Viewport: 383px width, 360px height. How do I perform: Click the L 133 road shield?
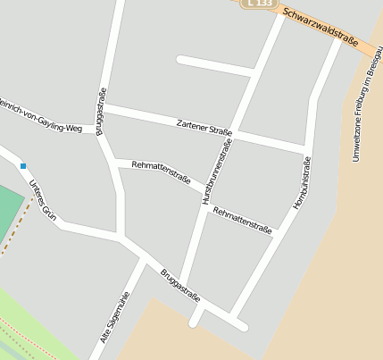[x=258, y=4]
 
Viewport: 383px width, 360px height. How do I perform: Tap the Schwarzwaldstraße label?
[x=320, y=26]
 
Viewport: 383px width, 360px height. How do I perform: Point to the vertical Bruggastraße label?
[x=102, y=111]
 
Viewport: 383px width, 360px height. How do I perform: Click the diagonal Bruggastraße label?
[x=180, y=286]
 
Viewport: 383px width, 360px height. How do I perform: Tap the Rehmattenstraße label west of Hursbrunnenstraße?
[x=161, y=171]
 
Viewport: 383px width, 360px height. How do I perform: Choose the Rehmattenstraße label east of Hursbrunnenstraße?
[x=243, y=220]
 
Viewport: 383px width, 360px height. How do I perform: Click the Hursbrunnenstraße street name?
[x=216, y=173]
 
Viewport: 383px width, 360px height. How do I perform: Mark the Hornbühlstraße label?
[x=302, y=183]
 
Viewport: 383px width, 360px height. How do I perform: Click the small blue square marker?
[x=23, y=165]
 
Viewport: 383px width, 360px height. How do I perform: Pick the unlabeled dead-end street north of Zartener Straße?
[x=214, y=65]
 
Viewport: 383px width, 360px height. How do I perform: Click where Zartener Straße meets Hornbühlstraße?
[x=307, y=147]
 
